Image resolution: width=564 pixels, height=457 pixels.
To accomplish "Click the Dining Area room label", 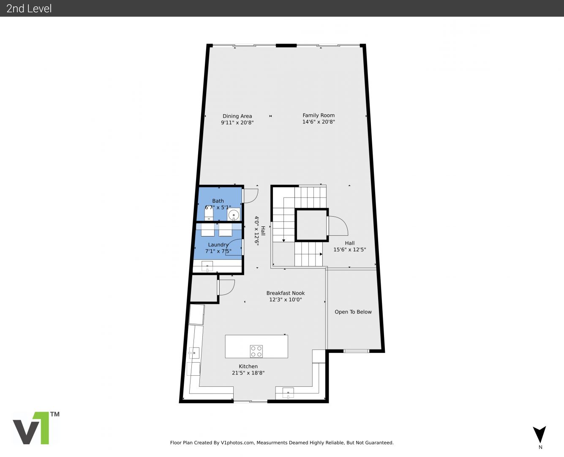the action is click(x=237, y=116).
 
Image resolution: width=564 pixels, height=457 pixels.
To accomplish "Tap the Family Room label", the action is click(x=319, y=116).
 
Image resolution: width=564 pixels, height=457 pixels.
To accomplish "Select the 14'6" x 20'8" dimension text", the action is click(x=319, y=122).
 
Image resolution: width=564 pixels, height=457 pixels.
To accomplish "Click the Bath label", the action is click(x=218, y=201).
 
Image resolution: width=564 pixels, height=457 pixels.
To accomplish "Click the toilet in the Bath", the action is click(x=209, y=214).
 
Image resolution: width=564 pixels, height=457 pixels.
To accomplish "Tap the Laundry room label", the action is click(x=218, y=245).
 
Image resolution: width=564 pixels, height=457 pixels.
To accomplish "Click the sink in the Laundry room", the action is click(x=207, y=266).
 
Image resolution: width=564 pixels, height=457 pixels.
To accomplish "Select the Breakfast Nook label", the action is click(x=286, y=293).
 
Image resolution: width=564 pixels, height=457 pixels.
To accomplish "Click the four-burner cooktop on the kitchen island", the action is click(x=256, y=351).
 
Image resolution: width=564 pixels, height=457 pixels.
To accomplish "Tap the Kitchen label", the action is click(x=248, y=366).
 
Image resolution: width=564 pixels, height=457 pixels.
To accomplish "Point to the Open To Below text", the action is click(x=353, y=312).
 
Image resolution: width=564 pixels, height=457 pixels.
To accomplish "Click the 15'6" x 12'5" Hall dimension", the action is click(x=349, y=250).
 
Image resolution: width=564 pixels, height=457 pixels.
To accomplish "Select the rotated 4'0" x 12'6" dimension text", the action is click(x=256, y=231).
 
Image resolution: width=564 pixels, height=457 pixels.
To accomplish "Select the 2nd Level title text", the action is click(x=29, y=8).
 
